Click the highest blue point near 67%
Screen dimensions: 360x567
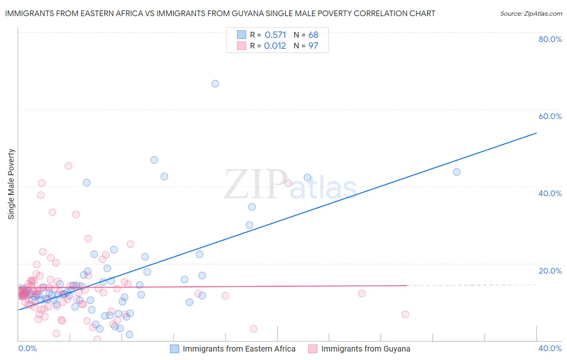pyautogui.click(x=215, y=84)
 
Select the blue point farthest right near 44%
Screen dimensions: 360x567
pyautogui.click(x=457, y=172)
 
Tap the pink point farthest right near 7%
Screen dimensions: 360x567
pyautogui.click(x=405, y=314)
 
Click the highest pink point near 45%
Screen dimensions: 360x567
pyautogui.click(x=69, y=166)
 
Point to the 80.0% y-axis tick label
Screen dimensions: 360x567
pyautogui.click(x=550, y=39)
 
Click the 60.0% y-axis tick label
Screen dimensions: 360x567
pyautogui.click(x=550, y=116)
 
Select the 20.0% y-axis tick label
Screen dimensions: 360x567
pyautogui.click(x=550, y=271)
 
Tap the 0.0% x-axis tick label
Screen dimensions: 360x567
pyautogui.click(x=27, y=348)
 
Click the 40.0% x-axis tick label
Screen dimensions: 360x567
pyautogui.click(x=550, y=348)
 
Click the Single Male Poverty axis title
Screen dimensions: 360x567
pyautogui.click(x=11, y=184)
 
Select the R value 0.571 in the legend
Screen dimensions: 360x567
pyautogui.click(x=275, y=35)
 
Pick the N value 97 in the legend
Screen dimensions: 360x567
pyautogui.click(x=313, y=46)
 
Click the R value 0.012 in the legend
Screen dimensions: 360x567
pyautogui.click(x=275, y=46)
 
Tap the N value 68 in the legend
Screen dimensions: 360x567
pyautogui.click(x=313, y=35)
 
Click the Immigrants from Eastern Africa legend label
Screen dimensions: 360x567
pyautogui.click(x=239, y=349)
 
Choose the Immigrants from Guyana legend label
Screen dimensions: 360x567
pyautogui.click(x=366, y=349)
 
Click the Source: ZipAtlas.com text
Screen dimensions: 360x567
pyautogui.click(x=531, y=14)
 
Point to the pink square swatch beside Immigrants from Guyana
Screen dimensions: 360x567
pyautogui.click(x=313, y=349)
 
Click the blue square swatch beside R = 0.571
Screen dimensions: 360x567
pyautogui.click(x=242, y=35)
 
